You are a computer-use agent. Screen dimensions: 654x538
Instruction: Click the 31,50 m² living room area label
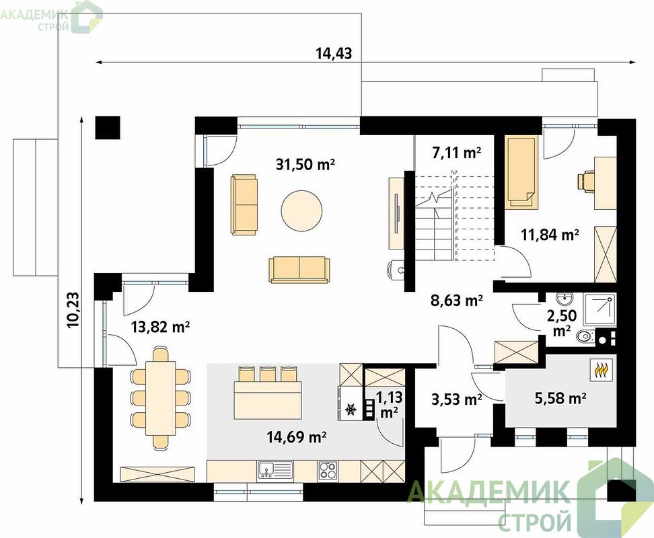(305, 164)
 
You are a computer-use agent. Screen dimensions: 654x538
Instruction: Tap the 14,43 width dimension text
(334, 53)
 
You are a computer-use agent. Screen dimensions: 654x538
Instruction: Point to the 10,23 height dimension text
(73, 309)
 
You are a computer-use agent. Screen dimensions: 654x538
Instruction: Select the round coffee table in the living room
(301, 210)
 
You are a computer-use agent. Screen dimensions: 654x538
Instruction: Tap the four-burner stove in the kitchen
(328, 471)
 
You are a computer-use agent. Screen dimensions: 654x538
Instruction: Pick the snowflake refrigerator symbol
(351, 410)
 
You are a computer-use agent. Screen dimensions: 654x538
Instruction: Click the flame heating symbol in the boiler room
(601, 369)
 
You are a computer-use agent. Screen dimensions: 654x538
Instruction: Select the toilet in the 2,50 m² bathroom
(586, 336)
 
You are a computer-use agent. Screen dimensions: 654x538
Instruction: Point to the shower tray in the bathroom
(599, 309)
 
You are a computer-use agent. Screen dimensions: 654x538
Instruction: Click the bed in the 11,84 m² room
(521, 171)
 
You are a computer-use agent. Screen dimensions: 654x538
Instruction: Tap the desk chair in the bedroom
(585, 182)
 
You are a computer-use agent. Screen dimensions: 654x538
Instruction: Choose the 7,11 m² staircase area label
(457, 153)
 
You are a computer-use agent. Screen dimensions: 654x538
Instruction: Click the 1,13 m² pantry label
(389, 404)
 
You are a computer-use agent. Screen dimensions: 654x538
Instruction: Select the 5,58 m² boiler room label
(560, 398)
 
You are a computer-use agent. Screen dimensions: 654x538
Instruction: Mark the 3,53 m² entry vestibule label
(457, 399)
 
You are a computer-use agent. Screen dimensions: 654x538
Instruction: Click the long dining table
(160, 399)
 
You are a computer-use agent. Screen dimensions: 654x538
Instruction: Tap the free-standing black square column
(108, 128)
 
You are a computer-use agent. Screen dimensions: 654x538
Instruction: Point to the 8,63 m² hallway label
(457, 300)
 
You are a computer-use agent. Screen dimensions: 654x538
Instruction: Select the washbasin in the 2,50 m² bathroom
(565, 299)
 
